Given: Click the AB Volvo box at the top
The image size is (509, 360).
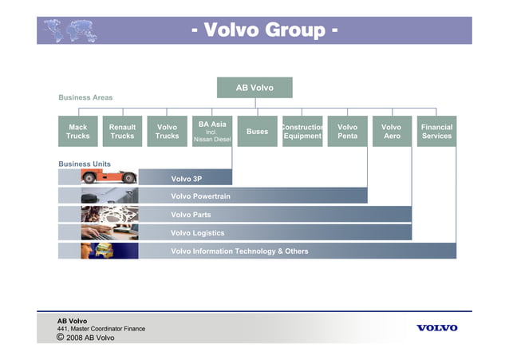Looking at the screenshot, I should click(x=254, y=87).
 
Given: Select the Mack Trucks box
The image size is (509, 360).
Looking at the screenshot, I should click(x=78, y=132).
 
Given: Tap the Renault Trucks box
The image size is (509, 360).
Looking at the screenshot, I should click(x=122, y=132).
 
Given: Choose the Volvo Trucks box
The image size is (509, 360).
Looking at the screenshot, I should click(x=167, y=132).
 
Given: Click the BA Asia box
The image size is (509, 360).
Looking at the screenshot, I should click(x=211, y=132).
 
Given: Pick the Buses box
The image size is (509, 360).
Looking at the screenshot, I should click(x=257, y=132).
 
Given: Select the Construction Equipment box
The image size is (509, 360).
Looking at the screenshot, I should click(x=302, y=132).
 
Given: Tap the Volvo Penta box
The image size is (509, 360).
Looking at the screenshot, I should click(x=347, y=132).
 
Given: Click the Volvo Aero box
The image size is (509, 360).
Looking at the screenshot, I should click(x=392, y=132).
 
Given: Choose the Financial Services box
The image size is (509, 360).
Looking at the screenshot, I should click(x=436, y=132).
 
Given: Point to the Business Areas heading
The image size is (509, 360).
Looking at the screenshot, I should click(x=85, y=97).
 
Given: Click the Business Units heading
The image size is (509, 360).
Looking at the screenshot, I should click(x=85, y=164).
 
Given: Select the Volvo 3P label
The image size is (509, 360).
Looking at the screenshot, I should click(x=186, y=178).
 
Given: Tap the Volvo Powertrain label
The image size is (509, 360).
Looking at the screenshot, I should click(x=200, y=196).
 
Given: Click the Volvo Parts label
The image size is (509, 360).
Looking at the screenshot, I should click(x=192, y=215).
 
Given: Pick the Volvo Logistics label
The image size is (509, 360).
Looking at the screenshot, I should click(x=197, y=233).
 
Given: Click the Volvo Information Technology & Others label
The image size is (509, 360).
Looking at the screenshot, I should click(x=239, y=251).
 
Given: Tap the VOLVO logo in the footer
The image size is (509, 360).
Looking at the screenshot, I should click(x=436, y=328).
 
